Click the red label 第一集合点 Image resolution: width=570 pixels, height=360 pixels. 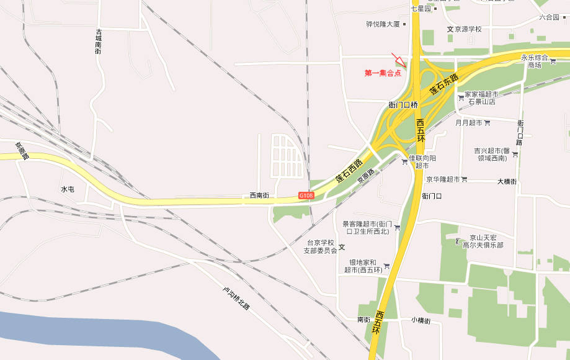383,73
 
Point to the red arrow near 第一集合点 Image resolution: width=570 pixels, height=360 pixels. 399,60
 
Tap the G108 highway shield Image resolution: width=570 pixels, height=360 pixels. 306,196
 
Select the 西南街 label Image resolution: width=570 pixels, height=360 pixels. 259,195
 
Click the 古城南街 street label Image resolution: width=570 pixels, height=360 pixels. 99,42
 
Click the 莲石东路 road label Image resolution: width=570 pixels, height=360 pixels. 444,84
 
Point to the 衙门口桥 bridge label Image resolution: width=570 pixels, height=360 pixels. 403,105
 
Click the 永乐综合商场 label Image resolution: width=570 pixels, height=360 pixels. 534,61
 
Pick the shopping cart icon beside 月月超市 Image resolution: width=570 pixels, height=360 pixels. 487,123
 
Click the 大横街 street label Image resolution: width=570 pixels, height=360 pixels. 507,182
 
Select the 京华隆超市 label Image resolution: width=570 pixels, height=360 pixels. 443,179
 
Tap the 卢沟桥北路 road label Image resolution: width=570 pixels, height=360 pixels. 236,299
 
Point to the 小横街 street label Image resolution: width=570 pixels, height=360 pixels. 421,320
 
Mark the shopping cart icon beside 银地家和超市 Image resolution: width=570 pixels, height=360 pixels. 386,266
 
